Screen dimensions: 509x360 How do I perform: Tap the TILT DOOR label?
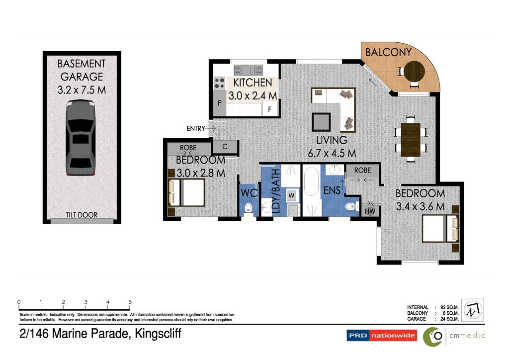[x=82, y=215]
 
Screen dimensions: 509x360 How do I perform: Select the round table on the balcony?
[x=414, y=71]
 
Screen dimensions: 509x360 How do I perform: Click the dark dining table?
[x=411, y=140]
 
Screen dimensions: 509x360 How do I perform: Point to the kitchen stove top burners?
[x=219, y=83]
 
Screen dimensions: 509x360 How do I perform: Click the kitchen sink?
[x=249, y=70]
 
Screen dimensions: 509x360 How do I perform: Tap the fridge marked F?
[x=270, y=109]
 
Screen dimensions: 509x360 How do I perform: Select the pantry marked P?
[x=220, y=103]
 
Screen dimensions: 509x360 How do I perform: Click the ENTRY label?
[x=196, y=129]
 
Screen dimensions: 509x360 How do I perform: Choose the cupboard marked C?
[x=225, y=147]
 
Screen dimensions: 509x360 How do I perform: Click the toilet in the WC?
[x=249, y=207]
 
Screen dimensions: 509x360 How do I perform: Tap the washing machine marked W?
[x=291, y=195]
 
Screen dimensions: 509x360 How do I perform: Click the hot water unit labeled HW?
[x=370, y=211]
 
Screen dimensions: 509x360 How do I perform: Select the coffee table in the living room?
[x=321, y=122]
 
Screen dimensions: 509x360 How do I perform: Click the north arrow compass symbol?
[x=473, y=310]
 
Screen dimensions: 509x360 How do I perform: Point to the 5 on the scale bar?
[x=130, y=302]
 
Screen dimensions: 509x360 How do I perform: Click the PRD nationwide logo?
[x=382, y=335]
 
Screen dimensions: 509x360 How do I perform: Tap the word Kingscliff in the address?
[x=158, y=334]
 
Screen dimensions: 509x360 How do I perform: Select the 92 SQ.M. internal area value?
[x=449, y=307]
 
